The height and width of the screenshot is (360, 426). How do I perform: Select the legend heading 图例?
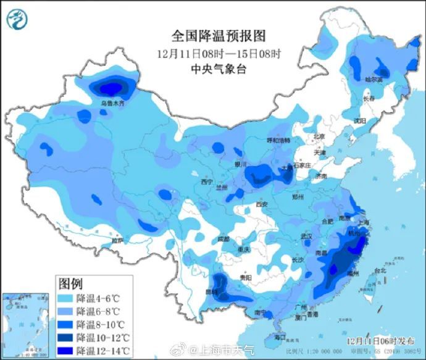(x=70, y=283)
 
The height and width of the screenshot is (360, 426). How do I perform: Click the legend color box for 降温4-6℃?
(x=65, y=298)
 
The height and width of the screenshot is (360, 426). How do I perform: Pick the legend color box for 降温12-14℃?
(x=65, y=351)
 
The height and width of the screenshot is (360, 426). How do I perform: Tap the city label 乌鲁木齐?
(x=113, y=104)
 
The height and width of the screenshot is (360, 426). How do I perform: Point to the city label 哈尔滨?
(x=374, y=80)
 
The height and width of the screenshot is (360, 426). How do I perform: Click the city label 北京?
(x=319, y=136)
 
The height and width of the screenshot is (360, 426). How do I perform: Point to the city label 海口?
(x=280, y=337)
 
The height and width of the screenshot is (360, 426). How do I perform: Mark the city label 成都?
(x=223, y=238)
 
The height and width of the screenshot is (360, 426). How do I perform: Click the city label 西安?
(x=262, y=204)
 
